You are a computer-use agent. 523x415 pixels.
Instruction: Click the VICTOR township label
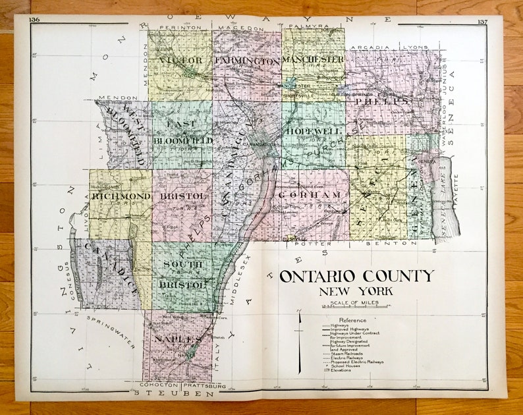click(x=180, y=61)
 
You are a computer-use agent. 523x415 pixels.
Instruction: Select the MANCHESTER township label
click(x=313, y=59)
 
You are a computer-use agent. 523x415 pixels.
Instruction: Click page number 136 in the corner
click(x=35, y=20)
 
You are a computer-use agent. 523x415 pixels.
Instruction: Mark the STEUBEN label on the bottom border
click(x=174, y=393)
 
